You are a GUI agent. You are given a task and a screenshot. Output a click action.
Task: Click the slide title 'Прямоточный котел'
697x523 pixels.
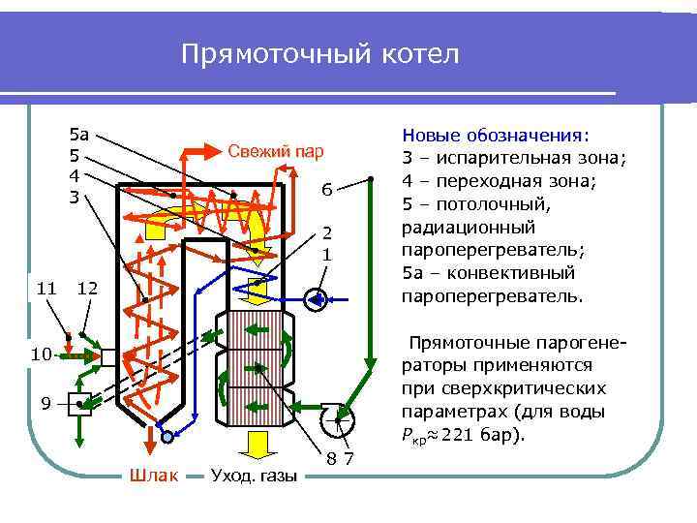point(319,54)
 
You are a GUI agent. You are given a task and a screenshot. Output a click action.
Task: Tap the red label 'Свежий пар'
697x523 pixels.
point(275,151)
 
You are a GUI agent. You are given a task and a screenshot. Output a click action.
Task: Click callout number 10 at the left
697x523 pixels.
point(39,355)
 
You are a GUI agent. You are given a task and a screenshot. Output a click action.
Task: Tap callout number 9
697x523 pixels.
point(45,403)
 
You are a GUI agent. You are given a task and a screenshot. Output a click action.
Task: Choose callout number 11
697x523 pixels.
point(45,288)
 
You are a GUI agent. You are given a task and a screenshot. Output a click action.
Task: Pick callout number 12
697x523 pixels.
point(86,288)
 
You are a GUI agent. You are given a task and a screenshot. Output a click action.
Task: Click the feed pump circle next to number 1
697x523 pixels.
point(316,299)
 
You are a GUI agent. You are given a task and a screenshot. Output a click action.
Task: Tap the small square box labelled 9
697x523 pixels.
point(80,403)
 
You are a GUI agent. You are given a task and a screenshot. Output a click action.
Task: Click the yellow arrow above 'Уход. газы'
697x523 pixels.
point(257,444)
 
